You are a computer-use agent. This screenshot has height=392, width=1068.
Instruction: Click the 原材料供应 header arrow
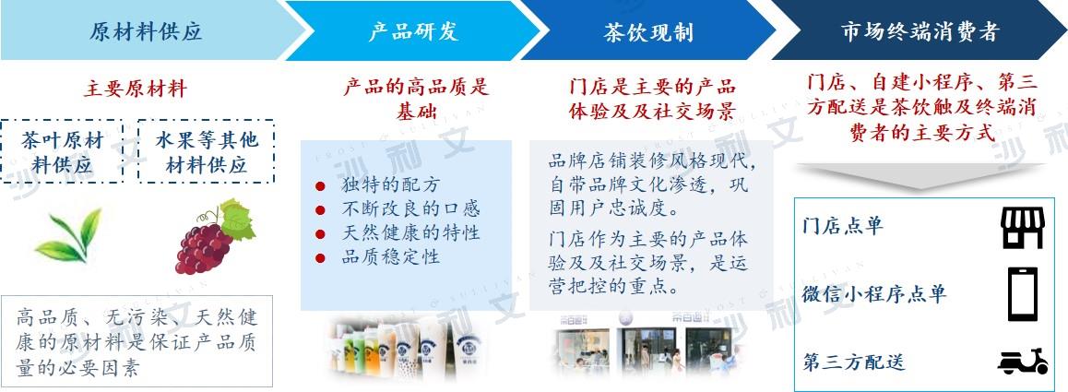147,30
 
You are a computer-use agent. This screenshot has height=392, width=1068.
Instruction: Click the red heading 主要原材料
136,89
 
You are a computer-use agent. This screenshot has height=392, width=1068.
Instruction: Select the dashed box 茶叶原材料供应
62,151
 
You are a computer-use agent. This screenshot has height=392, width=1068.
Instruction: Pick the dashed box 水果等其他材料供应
207,151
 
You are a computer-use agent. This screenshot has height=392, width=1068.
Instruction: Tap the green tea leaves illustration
68,235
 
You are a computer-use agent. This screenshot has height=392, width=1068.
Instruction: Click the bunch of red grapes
215,236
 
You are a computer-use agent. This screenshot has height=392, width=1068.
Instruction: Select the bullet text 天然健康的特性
410,233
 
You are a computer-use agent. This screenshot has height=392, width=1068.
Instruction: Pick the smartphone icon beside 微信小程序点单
1023,294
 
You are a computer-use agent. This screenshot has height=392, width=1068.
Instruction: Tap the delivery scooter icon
1023,361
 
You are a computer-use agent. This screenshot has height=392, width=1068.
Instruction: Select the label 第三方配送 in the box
853,362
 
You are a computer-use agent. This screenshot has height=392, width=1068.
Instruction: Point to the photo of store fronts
647,344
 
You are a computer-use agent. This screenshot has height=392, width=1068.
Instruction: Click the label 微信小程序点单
874,294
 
